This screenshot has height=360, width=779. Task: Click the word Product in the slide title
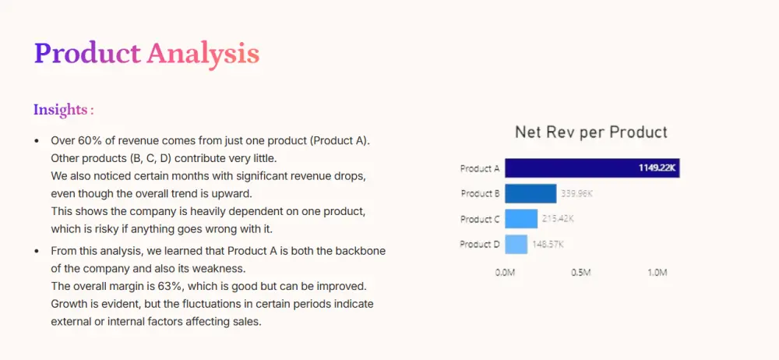[x=87, y=54]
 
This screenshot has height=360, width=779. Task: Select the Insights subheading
[x=64, y=109]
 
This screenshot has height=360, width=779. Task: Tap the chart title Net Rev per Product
[x=591, y=132]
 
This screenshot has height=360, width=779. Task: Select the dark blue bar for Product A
[x=592, y=168]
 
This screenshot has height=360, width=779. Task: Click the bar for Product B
[x=530, y=193]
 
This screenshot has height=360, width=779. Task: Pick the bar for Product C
[x=521, y=219]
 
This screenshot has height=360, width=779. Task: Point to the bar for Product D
[x=516, y=244]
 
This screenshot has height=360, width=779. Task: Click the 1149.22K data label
[x=657, y=168]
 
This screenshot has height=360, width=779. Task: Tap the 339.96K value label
[x=576, y=193]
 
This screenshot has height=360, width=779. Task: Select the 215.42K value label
[x=558, y=219]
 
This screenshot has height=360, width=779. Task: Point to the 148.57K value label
[x=548, y=244]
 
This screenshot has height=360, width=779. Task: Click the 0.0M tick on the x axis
[x=506, y=273]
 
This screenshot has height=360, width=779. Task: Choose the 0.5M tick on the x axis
[x=581, y=273]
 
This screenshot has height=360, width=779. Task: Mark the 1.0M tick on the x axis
[x=657, y=273]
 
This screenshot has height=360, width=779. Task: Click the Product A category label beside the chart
[x=480, y=168]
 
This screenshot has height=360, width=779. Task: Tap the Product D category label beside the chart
[x=480, y=244]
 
